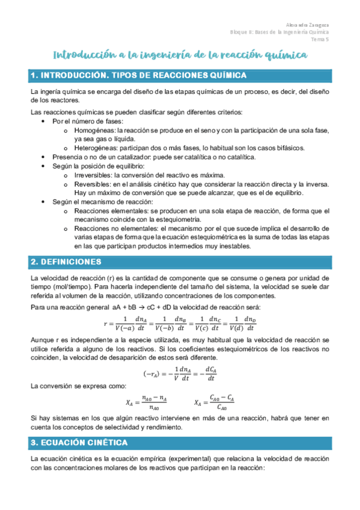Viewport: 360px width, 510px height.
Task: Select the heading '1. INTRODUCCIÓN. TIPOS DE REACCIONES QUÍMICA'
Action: coord(138,75)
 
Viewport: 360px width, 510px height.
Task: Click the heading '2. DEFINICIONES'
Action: coord(70,262)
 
